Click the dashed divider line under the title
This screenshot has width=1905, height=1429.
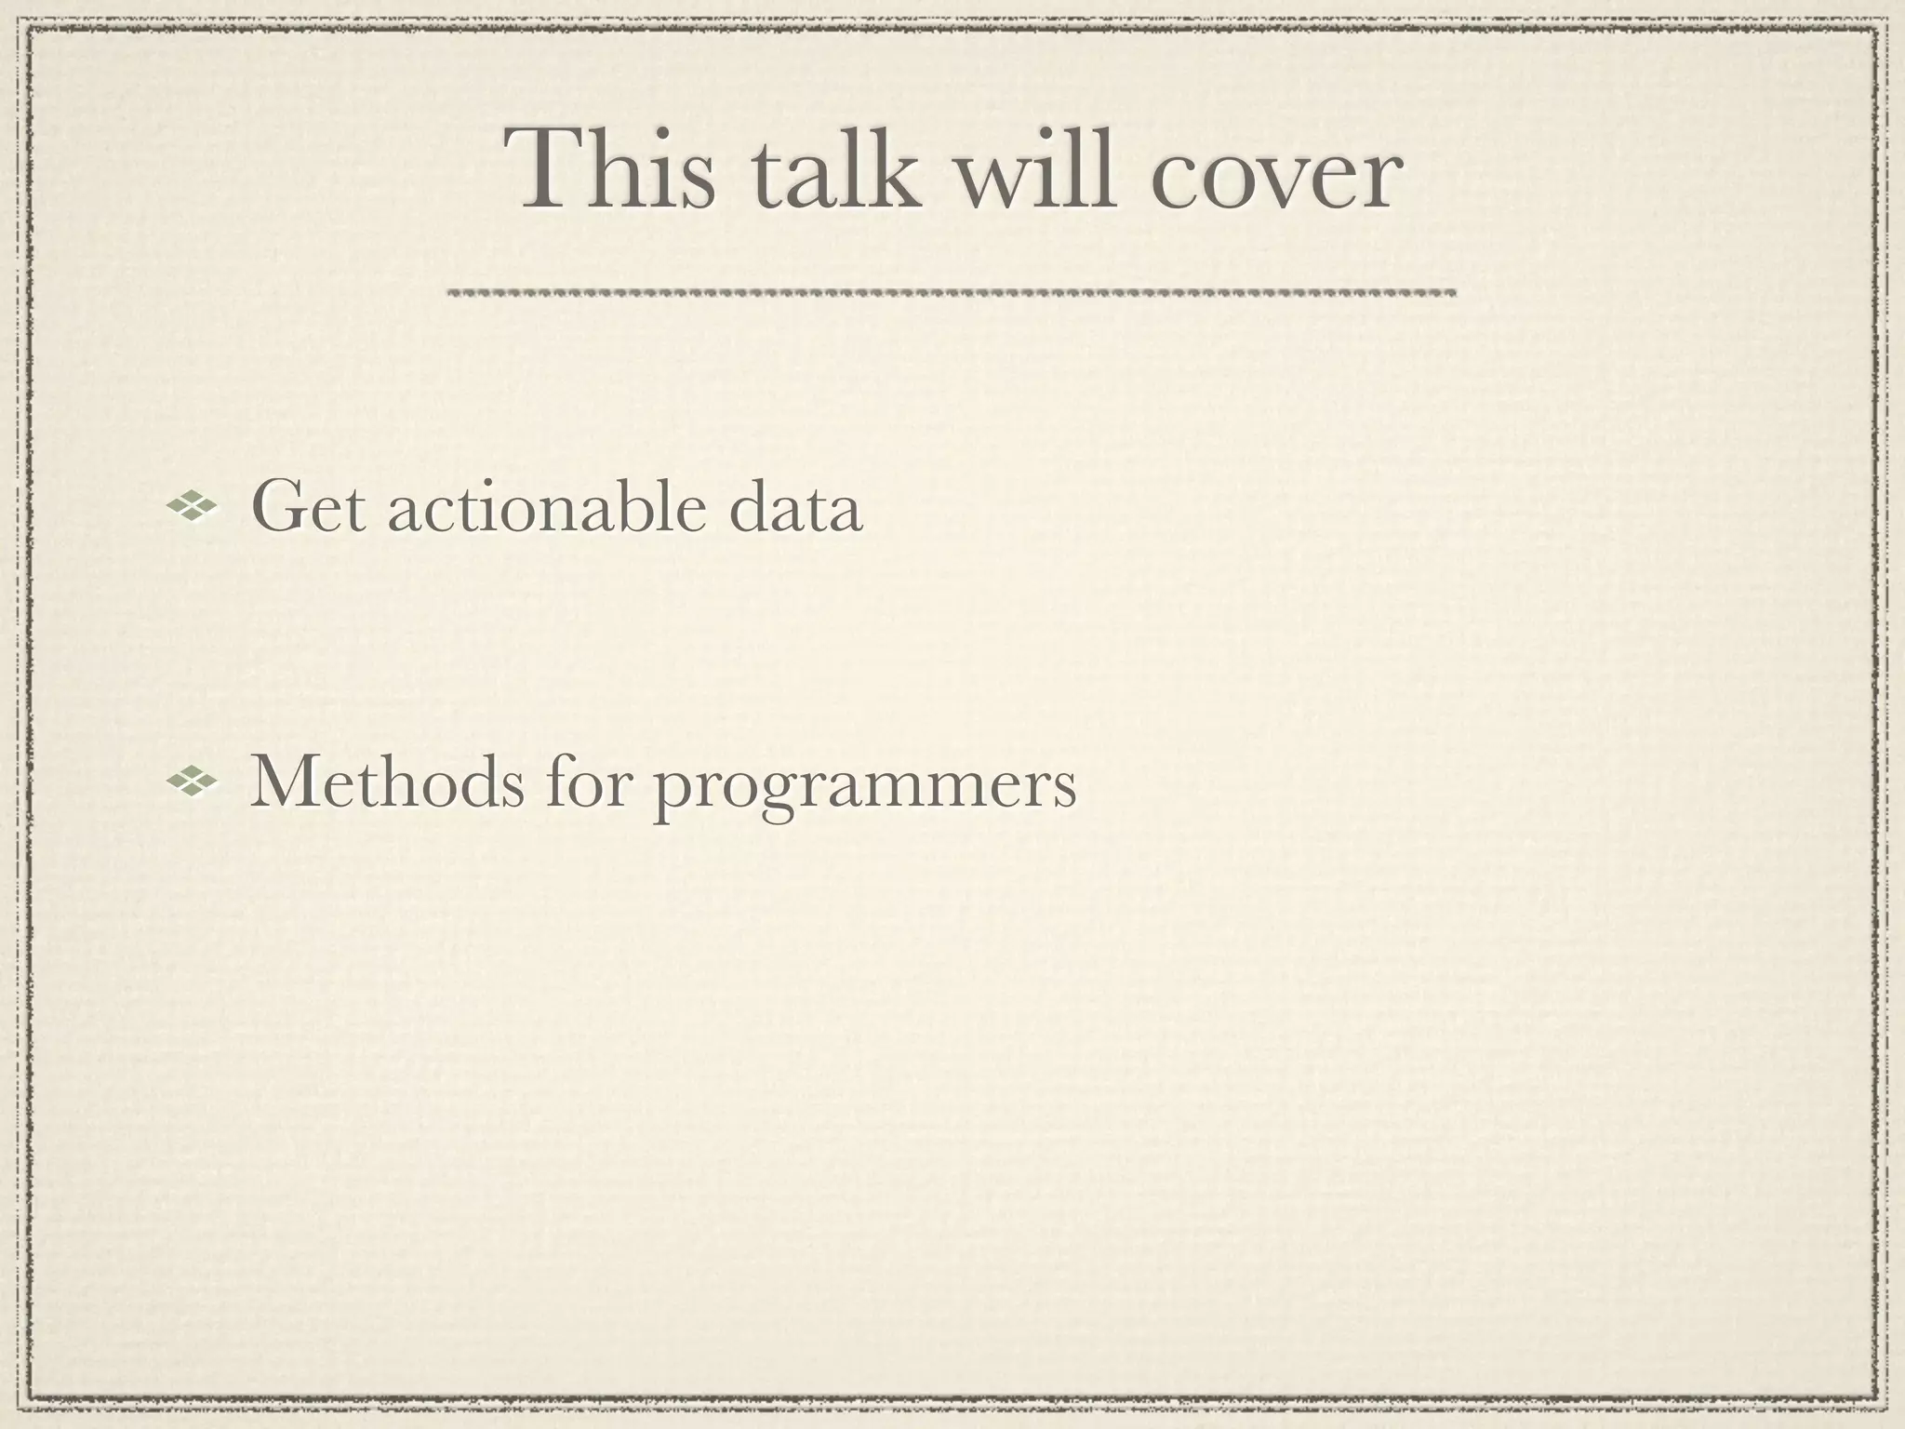click(x=951, y=292)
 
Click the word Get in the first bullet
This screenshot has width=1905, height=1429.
click(x=308, y=508)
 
